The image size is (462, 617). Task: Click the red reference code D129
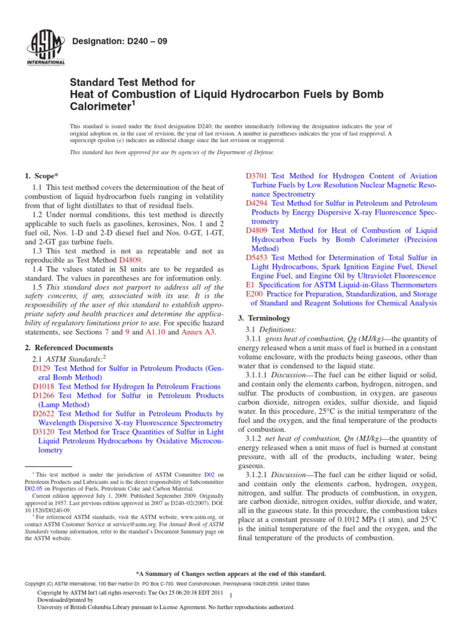42,368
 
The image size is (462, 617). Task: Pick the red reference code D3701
257,175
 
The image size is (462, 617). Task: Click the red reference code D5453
257,257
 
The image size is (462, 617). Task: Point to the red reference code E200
255,294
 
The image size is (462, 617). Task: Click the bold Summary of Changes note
231,574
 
